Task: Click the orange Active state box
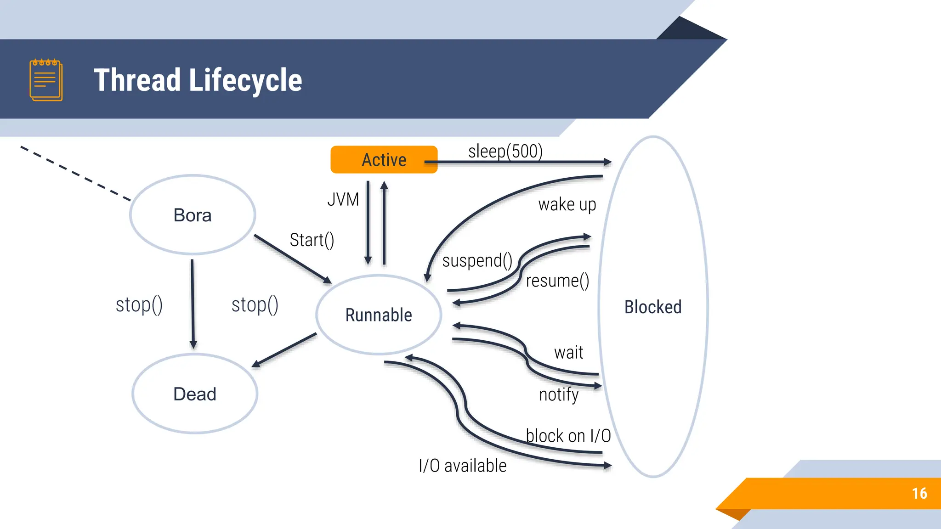[x=384, y=159]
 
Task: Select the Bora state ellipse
[x=193, y=215]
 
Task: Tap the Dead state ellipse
[x=195, y=394]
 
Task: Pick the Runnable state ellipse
[x=379, y=315]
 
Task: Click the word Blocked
[x=652, y=307]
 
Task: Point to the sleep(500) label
[x=505, y=151]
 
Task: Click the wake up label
[x=567, y=204]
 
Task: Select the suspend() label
[x=477, y=261]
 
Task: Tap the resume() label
[x=557, y=281]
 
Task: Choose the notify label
[x=559, y=394]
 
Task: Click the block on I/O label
[x=568, y=435]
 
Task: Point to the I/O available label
[x=462, y=466]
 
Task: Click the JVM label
[x=343, y=200]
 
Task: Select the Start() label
[x=312, y=240]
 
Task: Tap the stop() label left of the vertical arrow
[x=139, y=305]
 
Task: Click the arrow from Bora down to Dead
[x=193, y=303]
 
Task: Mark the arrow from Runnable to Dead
[x=284, y=350]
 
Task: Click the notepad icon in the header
[x=46, y=80]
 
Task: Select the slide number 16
[x=919, y=493]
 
